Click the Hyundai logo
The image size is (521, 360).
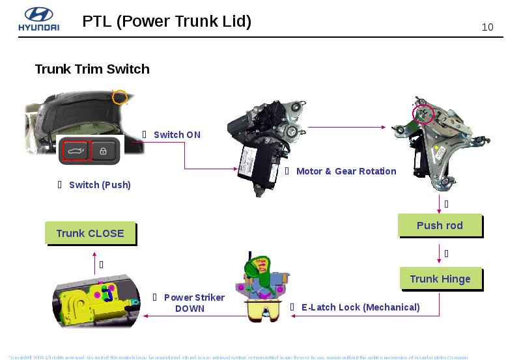[38, 20]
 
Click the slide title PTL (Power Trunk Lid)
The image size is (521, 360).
[167, 21]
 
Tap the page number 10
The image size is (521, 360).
[487, 27]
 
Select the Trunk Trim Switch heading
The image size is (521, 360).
[92, 69]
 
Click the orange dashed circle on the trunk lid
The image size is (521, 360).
[119, 97]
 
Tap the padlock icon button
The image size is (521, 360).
[103, 151]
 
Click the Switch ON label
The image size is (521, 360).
[176, 135]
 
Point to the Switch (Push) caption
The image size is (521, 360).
[100, 185]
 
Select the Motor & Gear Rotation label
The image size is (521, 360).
[346, 171]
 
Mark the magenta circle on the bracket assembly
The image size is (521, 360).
[423, 115]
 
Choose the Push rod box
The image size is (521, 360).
[440, 225]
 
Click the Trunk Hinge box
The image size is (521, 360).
[440, 279]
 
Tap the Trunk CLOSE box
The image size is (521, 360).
[90, 233]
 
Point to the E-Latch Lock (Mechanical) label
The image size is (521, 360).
[360, 307]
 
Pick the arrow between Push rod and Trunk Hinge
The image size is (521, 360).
[439, 253]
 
